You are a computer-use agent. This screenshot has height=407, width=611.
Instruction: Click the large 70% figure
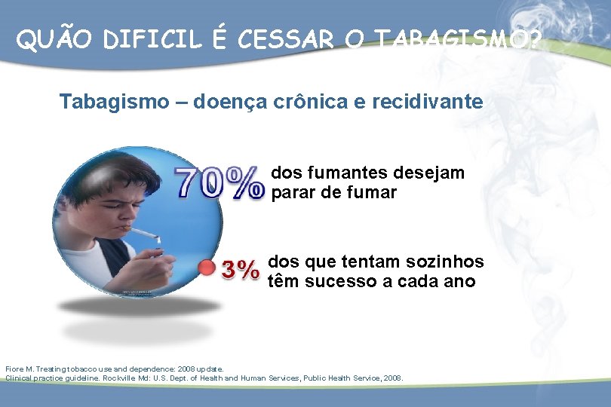click(220, 183)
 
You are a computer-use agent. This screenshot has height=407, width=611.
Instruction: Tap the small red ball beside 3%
click(206, 268)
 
